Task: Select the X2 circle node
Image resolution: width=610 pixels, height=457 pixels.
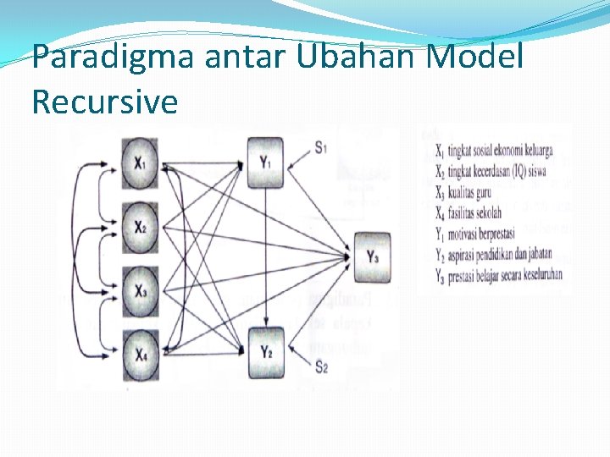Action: tap(139, 228)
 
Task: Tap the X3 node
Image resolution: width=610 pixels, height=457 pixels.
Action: tap(139, 292)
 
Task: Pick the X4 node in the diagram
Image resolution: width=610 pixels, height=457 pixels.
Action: tap(139, 355)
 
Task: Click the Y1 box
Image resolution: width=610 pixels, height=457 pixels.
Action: tap(266, 162)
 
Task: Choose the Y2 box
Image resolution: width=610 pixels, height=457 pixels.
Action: tap(266, 352)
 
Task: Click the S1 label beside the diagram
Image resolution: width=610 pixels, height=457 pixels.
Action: tap(321, 148)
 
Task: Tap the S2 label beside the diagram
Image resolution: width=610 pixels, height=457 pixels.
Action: tap(321, 366)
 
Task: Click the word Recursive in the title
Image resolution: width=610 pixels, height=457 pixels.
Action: tap(105, 102)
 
